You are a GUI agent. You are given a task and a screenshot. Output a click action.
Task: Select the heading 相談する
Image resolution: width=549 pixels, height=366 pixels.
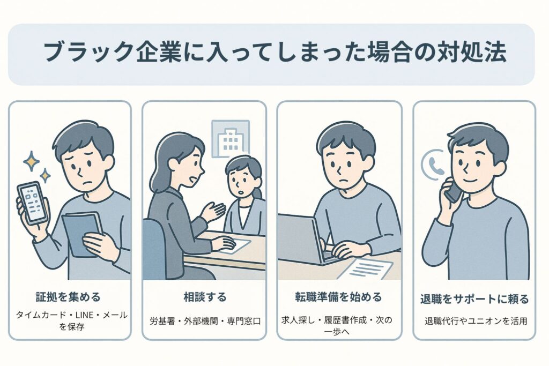click(204, 296)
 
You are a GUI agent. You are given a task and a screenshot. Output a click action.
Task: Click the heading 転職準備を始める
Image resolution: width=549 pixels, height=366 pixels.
click(339, 296)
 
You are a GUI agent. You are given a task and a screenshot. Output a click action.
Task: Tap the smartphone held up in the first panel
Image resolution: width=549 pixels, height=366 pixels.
click(32, 203)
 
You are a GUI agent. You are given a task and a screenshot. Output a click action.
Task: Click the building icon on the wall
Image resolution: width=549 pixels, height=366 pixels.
click(231, 139)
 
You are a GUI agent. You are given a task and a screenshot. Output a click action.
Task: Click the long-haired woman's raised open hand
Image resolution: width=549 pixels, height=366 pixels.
click(214, 211)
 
